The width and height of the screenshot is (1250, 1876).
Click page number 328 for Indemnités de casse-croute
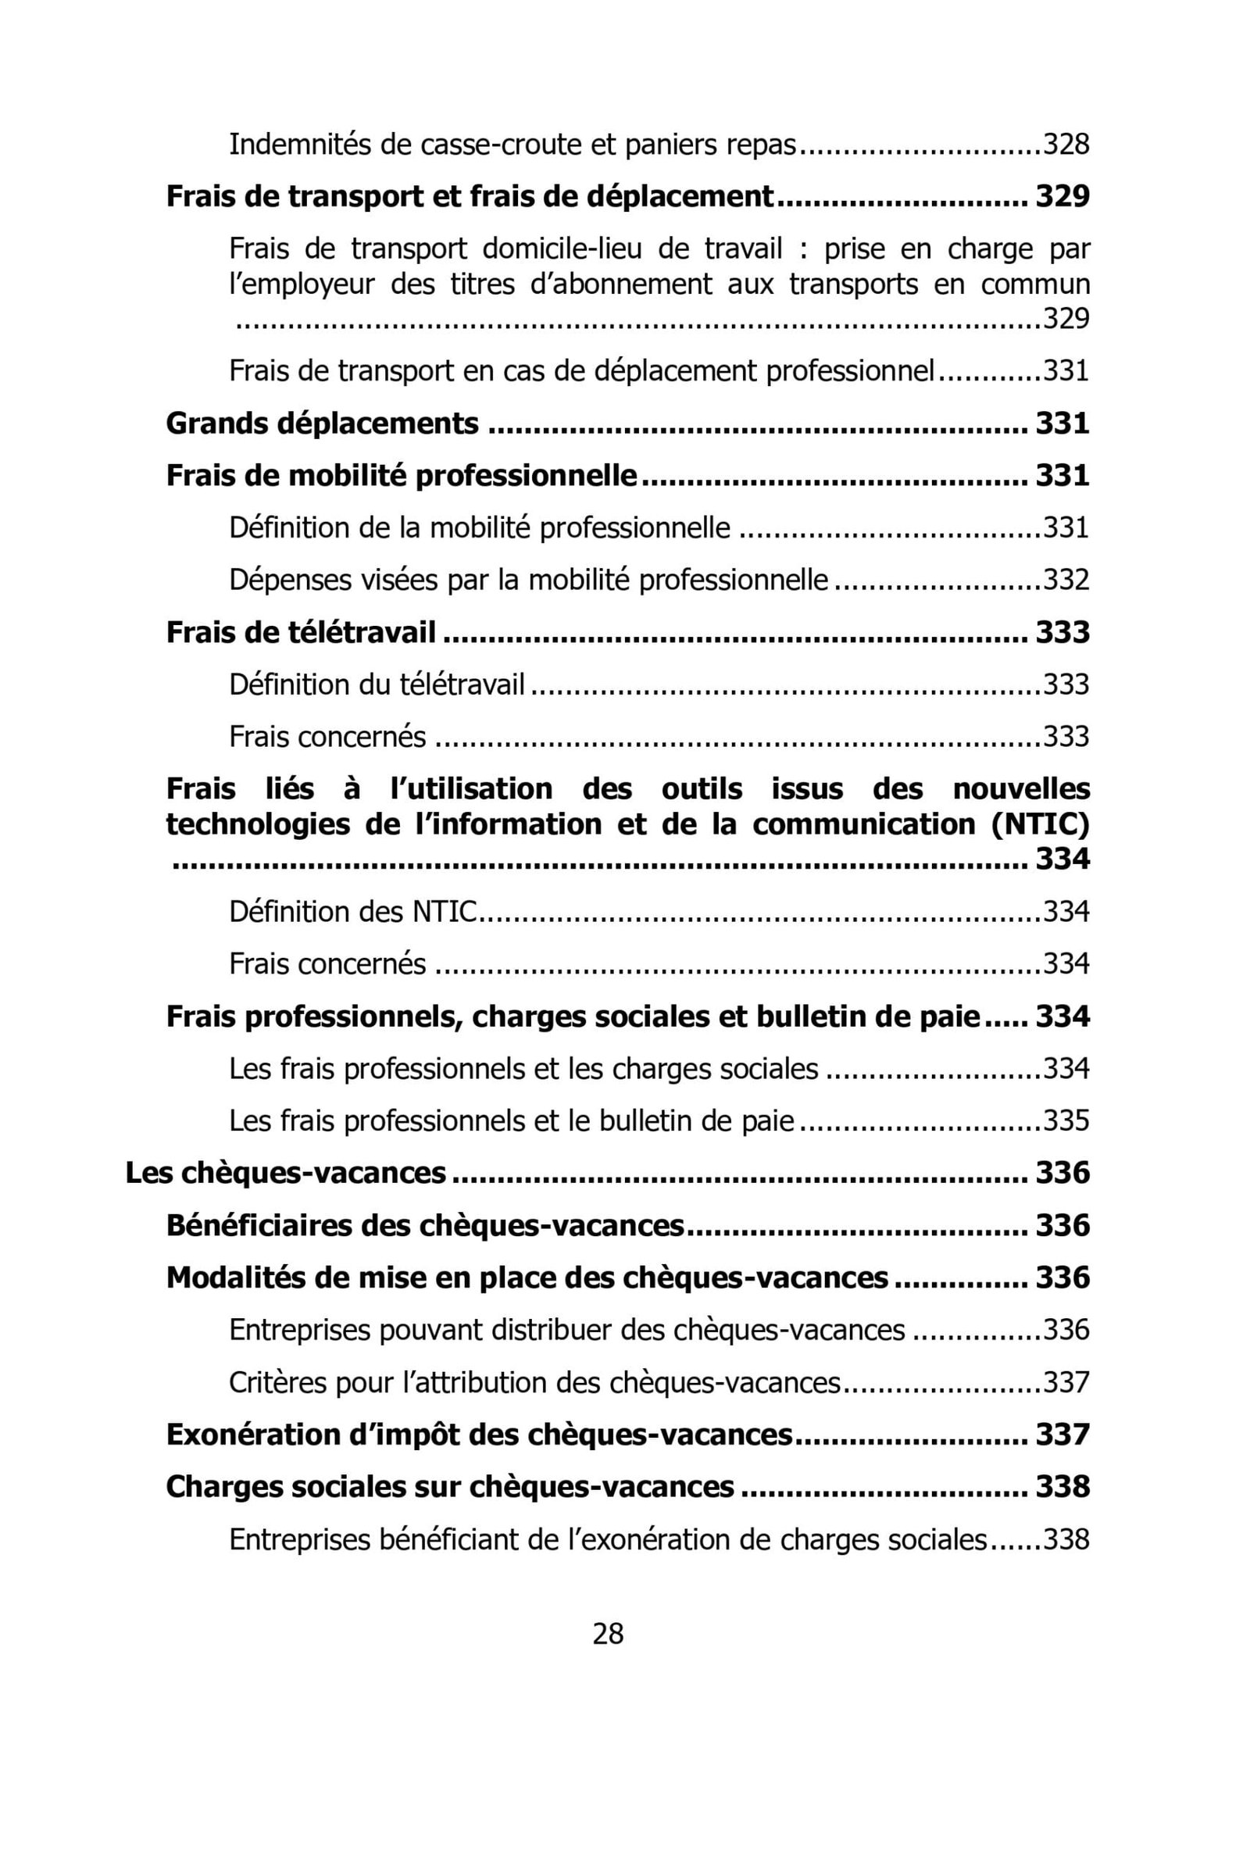tap(1066, 145)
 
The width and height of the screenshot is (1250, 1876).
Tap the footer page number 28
tap(609, 1634)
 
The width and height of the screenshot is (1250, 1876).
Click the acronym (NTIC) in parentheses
tap(1041, 824)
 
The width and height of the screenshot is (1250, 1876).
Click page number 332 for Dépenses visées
tap(1066, 580)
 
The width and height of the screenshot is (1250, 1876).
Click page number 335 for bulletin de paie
tap(1066, 1120)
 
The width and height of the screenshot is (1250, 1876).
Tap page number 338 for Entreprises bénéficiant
tap(1066, 1538)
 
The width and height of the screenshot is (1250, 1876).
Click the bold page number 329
tap(1062, 196)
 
